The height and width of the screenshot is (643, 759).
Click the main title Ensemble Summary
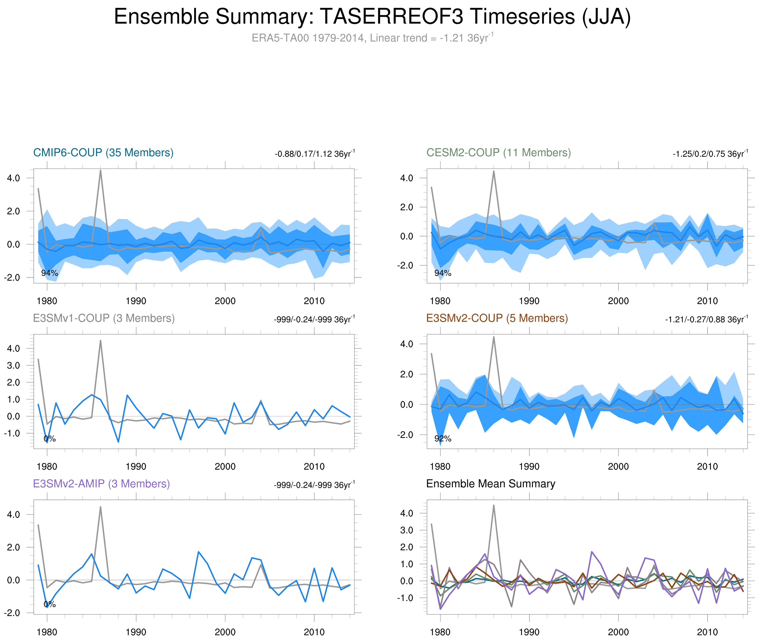(x=372, y=17)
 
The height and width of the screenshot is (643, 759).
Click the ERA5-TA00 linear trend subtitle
(x=372, y=38)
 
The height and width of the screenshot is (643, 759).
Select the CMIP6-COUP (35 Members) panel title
(x=103, y=152)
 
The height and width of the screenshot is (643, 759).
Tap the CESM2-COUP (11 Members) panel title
(x=498, y=152)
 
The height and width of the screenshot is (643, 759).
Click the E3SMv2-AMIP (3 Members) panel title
(x=101, y=484)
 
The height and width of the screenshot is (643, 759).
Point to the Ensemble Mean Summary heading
(x=491, y=484)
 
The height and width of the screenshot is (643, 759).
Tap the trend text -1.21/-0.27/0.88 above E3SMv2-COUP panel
(x=706, y=319)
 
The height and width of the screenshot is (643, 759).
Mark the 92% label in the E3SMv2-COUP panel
(x=443, y=439)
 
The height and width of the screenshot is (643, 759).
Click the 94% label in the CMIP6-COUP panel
(x=50, y=273)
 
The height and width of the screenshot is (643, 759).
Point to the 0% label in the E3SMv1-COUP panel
(x=50, y=439)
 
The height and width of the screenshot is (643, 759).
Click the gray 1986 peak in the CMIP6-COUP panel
(x=101, y=171)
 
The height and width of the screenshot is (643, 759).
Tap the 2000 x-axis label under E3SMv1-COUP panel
(x=225, y=467)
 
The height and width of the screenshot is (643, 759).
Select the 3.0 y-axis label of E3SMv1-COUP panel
(x=14, y=366)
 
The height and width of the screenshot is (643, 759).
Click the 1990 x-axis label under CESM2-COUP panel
(x=529, y=301)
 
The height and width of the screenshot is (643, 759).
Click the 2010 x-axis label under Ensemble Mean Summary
(x=707, y=632)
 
